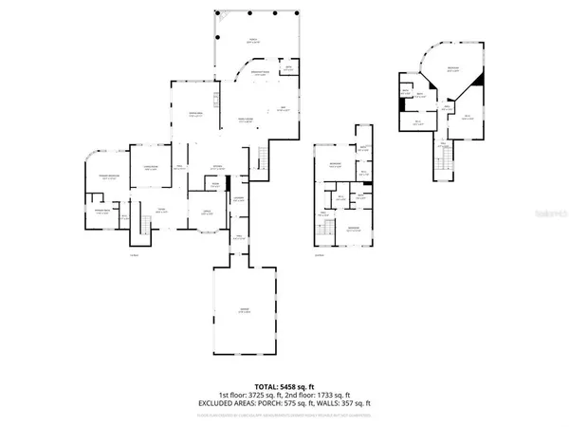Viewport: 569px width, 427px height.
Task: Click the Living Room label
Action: coord(150,170)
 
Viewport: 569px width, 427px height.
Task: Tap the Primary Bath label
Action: coord(98,213)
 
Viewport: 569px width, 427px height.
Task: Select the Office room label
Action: coord(206,213)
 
